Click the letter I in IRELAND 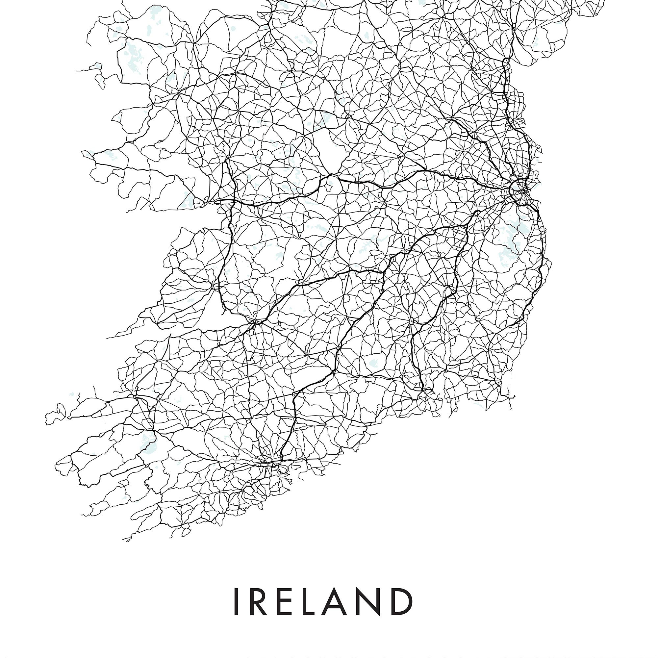pos(236,601)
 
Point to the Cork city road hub pos(272,464)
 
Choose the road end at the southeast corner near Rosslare pos(515,397)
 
